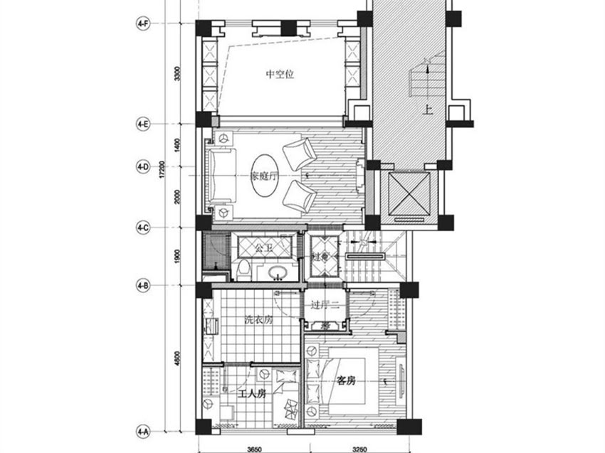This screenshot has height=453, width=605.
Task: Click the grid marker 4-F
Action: coord(143,24)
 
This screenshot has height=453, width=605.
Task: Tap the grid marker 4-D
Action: coord(143,168)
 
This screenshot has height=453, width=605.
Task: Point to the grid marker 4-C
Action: coord(143,228)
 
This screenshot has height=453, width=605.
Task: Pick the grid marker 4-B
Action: coord(143,287)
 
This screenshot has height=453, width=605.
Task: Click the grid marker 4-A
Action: coord(143,431)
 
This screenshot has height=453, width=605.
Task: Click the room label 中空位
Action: coord(280,73)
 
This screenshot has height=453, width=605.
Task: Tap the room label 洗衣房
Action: coord(258,320)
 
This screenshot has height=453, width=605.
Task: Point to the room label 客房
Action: coord(345,381)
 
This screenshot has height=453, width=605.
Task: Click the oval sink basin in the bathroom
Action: coord(276,271)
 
